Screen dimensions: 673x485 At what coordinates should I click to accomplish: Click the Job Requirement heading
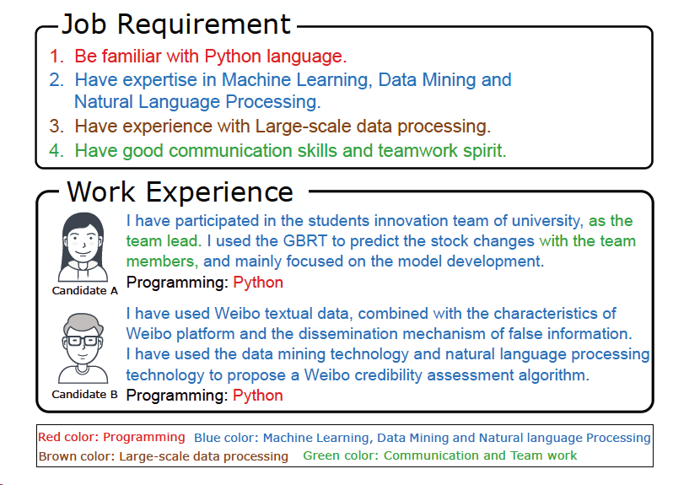tap(176, 24)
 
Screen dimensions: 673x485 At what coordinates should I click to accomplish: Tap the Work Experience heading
tap(180, 191)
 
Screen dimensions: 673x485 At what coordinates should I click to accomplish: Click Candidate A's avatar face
tap(83, 243)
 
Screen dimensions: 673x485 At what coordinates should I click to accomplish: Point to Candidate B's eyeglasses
tap(83, 342)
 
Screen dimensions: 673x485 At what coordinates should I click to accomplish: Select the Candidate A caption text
tap(84, 290)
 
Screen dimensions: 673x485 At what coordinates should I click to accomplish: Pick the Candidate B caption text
tap(84, 395)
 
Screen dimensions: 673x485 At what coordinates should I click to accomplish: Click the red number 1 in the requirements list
tap(56, 57)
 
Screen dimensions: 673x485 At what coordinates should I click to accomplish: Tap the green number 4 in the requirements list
tap(56, 151)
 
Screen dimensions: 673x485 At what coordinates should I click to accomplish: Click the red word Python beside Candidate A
tap(258, 283)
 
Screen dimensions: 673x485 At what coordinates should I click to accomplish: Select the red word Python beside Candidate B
tap(258, 396)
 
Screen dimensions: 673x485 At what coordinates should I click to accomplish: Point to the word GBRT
tap(305, 240)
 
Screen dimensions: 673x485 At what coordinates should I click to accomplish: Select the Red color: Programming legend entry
tap(111, 437)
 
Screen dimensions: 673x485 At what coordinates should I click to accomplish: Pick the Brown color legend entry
tap(163, 456)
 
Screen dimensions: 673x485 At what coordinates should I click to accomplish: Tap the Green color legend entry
tap(440, 455)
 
